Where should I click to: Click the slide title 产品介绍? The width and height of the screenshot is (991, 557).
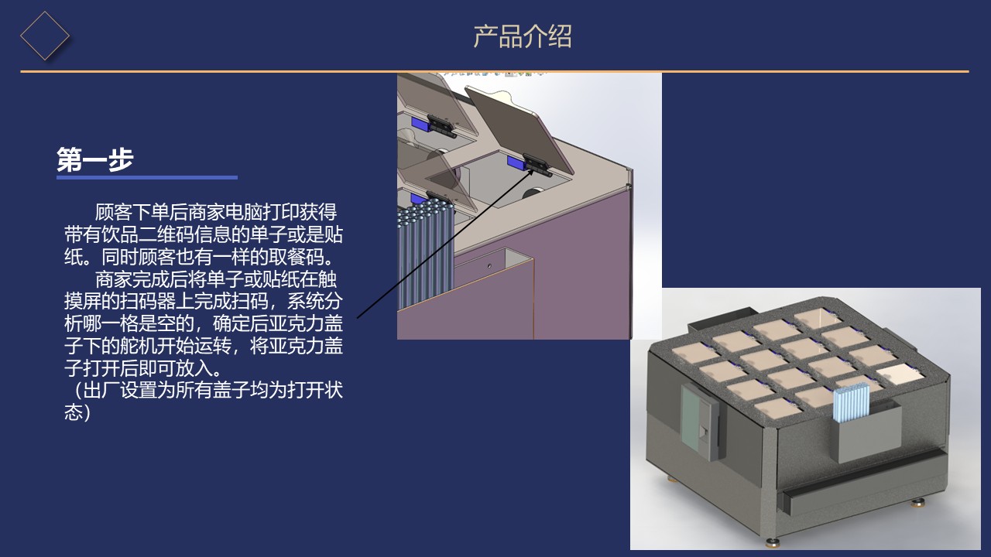pos(523,36)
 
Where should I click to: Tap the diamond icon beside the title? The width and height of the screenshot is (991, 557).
pos(44,35)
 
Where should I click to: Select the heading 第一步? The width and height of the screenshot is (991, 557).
pos(95,159)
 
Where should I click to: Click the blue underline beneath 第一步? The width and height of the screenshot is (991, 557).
pos(146,178)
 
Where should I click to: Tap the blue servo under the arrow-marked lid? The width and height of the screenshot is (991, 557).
pos(516,162)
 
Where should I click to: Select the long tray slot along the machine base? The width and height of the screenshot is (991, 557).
pos(859,487)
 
